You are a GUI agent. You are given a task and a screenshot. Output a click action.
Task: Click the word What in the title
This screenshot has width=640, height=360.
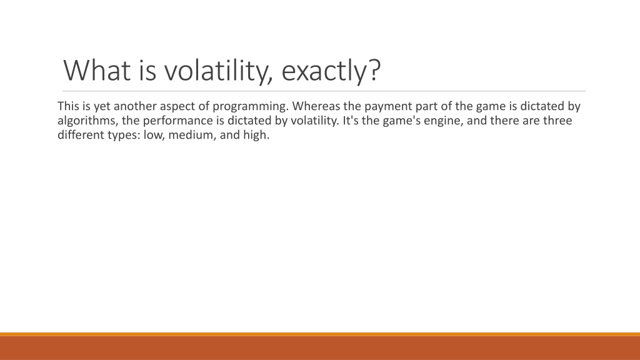[x=97, y=70]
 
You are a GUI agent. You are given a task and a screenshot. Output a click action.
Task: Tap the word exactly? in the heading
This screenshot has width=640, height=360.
[x=331, y=72]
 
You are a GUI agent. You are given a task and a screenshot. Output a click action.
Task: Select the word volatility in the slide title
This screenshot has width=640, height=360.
[x=218, y=71]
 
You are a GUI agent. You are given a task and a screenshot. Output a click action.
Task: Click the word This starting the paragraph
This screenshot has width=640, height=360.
[x=68, y=106]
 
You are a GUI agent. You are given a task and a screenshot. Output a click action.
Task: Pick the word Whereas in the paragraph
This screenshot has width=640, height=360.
[x=316, y=106]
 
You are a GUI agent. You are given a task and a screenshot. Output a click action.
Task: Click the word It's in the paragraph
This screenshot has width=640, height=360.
[x=349, y=121]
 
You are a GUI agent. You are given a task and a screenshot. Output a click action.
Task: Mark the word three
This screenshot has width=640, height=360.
[x=557, y=121]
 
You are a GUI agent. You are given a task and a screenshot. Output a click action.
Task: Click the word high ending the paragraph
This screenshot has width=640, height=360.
[x=256, y=136]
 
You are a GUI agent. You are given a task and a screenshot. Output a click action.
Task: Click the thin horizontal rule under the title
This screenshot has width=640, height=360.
[x=324, y=91]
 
